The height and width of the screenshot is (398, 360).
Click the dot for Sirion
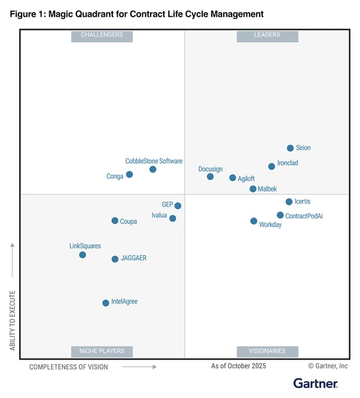(290, 148)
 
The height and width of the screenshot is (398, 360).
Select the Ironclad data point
(272, 166)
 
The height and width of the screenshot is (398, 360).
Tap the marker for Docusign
(210, 176)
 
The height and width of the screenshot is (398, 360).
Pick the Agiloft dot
(233, 178)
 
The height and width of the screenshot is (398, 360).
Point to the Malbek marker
(253, 189)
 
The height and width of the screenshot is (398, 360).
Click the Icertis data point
(289, 202)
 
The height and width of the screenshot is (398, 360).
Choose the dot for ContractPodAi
(280, 215)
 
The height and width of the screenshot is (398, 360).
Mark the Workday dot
(254, 221)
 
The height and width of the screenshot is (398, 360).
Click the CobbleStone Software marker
(153, 169)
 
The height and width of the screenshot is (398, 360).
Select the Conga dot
(130, 175)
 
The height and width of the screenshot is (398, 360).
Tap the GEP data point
(178, 206)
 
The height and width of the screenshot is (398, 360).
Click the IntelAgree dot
(106, 303)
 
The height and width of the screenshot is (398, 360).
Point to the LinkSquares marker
(83, 255)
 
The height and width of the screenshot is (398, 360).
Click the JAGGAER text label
(134, 259)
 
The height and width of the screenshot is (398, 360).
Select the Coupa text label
(128, 222)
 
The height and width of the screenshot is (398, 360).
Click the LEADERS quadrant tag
(267, 35)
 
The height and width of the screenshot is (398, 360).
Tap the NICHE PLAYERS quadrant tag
(102, 351)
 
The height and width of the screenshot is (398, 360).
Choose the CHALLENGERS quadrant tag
(102, 35)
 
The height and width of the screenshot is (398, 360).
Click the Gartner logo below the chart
(316, 383)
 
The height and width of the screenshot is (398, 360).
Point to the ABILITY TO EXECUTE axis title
(13, 320)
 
